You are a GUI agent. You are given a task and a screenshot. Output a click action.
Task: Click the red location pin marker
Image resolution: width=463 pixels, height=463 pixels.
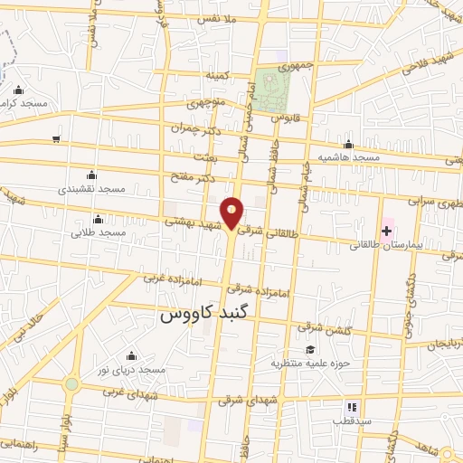coord(232,213)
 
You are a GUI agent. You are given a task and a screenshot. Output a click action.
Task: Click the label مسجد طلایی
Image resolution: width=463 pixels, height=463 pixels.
coord(99,233)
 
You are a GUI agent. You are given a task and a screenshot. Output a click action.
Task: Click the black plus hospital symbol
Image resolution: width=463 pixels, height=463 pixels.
coord(387,231)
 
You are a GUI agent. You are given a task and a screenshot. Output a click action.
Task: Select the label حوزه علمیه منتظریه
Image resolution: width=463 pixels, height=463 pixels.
coord(309,364)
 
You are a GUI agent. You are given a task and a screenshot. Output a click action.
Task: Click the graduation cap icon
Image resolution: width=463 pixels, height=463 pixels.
coord(309,350)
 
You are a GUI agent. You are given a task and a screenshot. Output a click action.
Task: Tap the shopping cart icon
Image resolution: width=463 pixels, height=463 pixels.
coord(57,139)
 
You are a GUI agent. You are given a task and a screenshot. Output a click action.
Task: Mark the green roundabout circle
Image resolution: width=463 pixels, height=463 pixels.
coord(71,384)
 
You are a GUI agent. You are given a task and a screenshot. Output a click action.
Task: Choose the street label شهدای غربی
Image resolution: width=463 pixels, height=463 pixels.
coord(126,392)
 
